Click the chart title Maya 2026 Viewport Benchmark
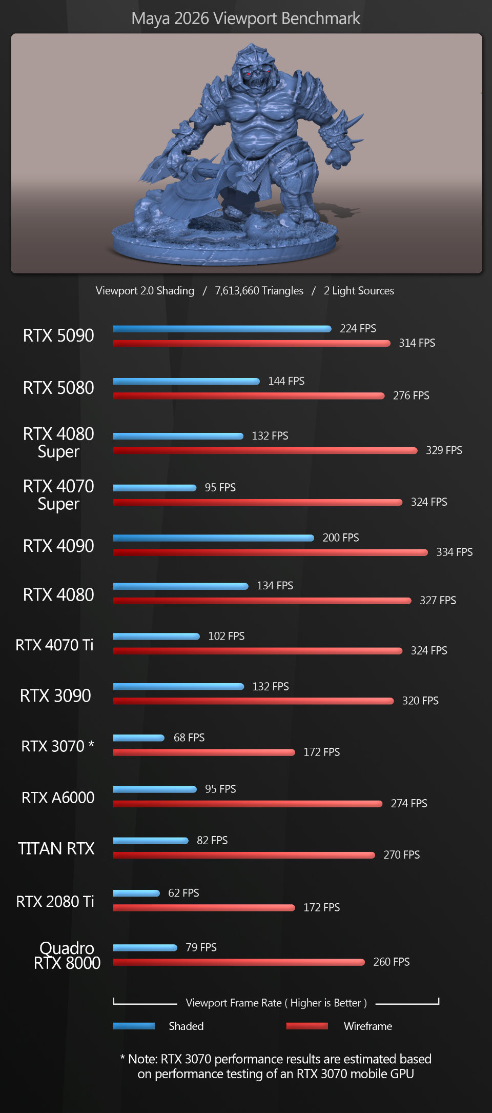245,18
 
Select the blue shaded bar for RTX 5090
221,329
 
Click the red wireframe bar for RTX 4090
270,552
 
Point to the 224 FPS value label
358,328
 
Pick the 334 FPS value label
454,552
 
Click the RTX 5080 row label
58,388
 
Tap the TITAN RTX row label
56,848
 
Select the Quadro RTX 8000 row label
67,955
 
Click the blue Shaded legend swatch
134,1026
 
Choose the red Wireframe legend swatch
307,1026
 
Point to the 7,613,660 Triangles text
259,291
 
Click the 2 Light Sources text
359,291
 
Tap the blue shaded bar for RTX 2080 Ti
136,893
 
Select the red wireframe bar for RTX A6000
248,804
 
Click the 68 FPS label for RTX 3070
189,738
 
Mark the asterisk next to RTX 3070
91,745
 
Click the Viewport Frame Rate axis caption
276,1003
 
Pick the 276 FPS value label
411,395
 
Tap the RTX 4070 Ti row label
54,645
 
